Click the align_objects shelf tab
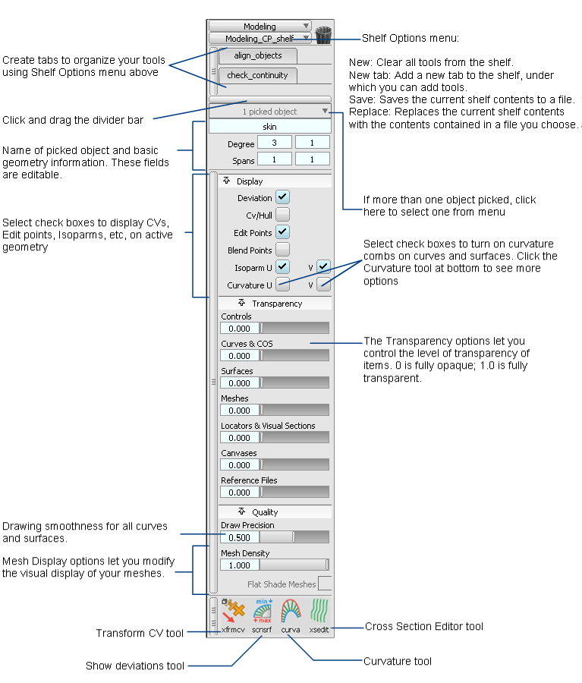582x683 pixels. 257,55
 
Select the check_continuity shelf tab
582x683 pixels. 257,75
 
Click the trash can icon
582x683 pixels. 324,35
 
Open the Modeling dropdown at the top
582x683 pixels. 260,27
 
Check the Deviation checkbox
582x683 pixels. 282,197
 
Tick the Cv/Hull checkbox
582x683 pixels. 282,215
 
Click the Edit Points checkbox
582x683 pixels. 282,232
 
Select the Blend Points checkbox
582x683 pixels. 282,250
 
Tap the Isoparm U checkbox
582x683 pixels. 282,267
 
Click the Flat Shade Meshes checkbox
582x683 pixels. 325,584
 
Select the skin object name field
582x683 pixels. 269,126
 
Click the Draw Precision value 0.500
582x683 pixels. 240,537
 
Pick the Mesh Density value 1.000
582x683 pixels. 240,565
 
